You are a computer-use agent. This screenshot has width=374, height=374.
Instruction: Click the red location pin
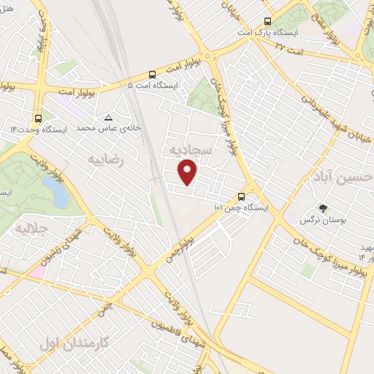click(188, 172)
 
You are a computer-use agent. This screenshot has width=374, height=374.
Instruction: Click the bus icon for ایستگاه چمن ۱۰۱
click(242, 196)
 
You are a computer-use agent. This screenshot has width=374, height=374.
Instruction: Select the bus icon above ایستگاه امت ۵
click(152, 74)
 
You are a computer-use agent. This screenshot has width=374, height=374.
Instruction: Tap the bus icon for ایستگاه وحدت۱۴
click(38, 118)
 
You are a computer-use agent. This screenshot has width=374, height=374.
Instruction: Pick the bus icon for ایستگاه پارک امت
click(267, 21)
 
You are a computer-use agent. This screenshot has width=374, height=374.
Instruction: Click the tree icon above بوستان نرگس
click(324, 207)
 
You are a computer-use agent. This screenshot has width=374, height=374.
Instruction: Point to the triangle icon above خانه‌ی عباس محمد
click(109, 117)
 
